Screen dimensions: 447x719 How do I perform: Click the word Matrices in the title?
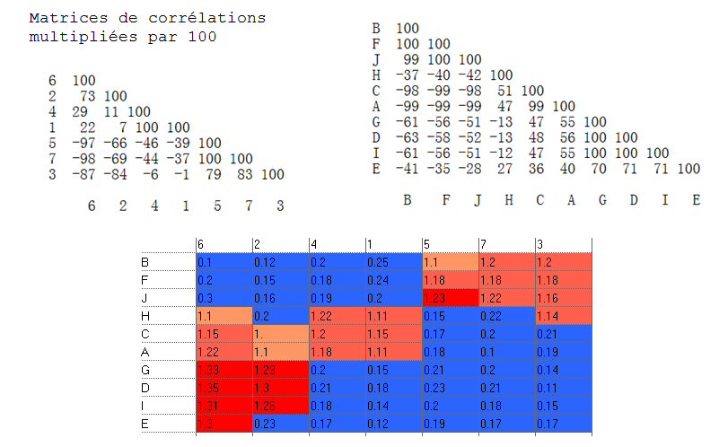tap(61, 18)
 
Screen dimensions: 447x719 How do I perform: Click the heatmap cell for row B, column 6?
tap(224, 262)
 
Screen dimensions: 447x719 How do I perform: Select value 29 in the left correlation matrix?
tap(56, 112)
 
